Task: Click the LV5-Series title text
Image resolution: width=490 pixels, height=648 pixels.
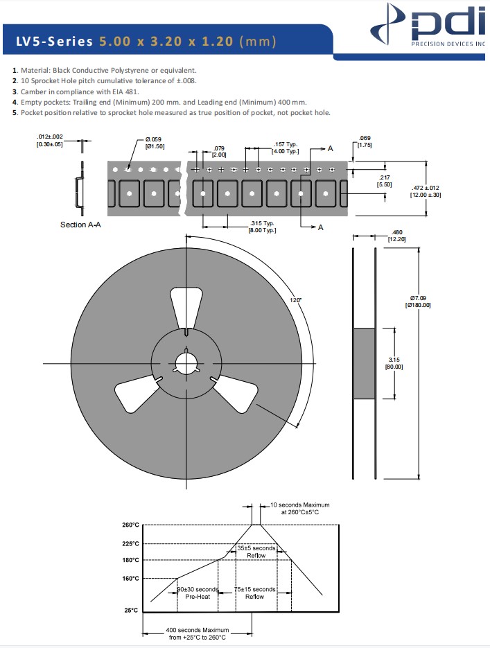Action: pos(146,42)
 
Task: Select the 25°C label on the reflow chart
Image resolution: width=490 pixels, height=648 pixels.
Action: pos(132,611)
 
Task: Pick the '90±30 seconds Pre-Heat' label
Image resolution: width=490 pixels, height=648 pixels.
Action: pos(198,593)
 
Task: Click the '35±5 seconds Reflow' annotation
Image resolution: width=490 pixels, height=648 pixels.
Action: pos(256,552)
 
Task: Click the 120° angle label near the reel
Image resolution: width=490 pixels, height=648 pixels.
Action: pos(296,299)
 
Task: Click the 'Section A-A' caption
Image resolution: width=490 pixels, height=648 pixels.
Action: pos(81,225)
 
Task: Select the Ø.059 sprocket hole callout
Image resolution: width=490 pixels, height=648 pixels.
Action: pos(154,143)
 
